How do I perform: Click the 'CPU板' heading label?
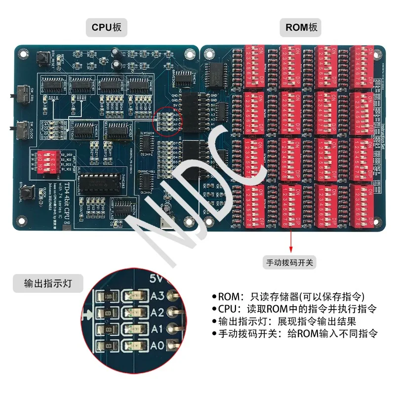(106, 28)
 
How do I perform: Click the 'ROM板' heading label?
(302, 28)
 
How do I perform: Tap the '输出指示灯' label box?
(47, 283)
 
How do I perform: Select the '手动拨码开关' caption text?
(290, 263)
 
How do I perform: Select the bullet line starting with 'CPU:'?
(294, 309)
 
